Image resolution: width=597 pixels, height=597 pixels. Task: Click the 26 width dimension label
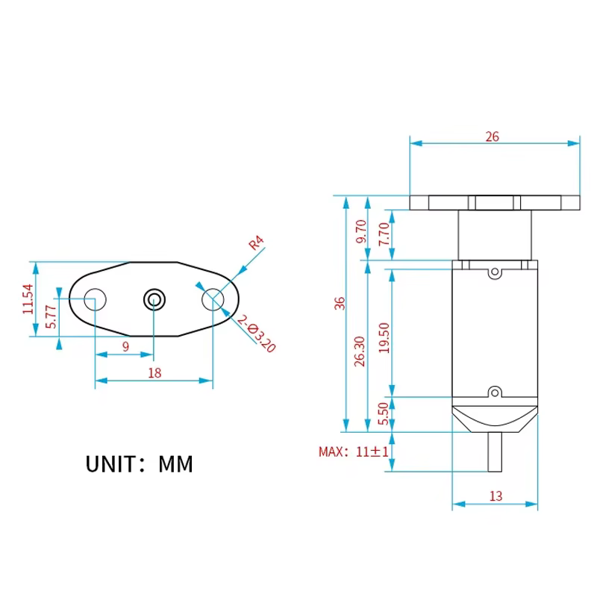tap(492, 137)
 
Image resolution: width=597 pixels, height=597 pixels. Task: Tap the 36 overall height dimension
tap(340, 303)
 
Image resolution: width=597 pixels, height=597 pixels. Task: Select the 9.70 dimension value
tap(361, 231)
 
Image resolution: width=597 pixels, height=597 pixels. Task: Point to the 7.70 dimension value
tap(384, 234)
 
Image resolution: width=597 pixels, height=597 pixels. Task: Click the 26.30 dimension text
tap(360, 351)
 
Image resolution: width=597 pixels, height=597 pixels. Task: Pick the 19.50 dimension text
tap(384, 338)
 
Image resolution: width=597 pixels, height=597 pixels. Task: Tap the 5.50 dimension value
tap(384, 413)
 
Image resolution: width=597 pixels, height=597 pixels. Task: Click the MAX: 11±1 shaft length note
tap(354, 452)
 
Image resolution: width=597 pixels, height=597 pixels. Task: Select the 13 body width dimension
tap(496, 496)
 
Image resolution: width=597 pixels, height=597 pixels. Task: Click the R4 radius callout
tap(256, 243)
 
